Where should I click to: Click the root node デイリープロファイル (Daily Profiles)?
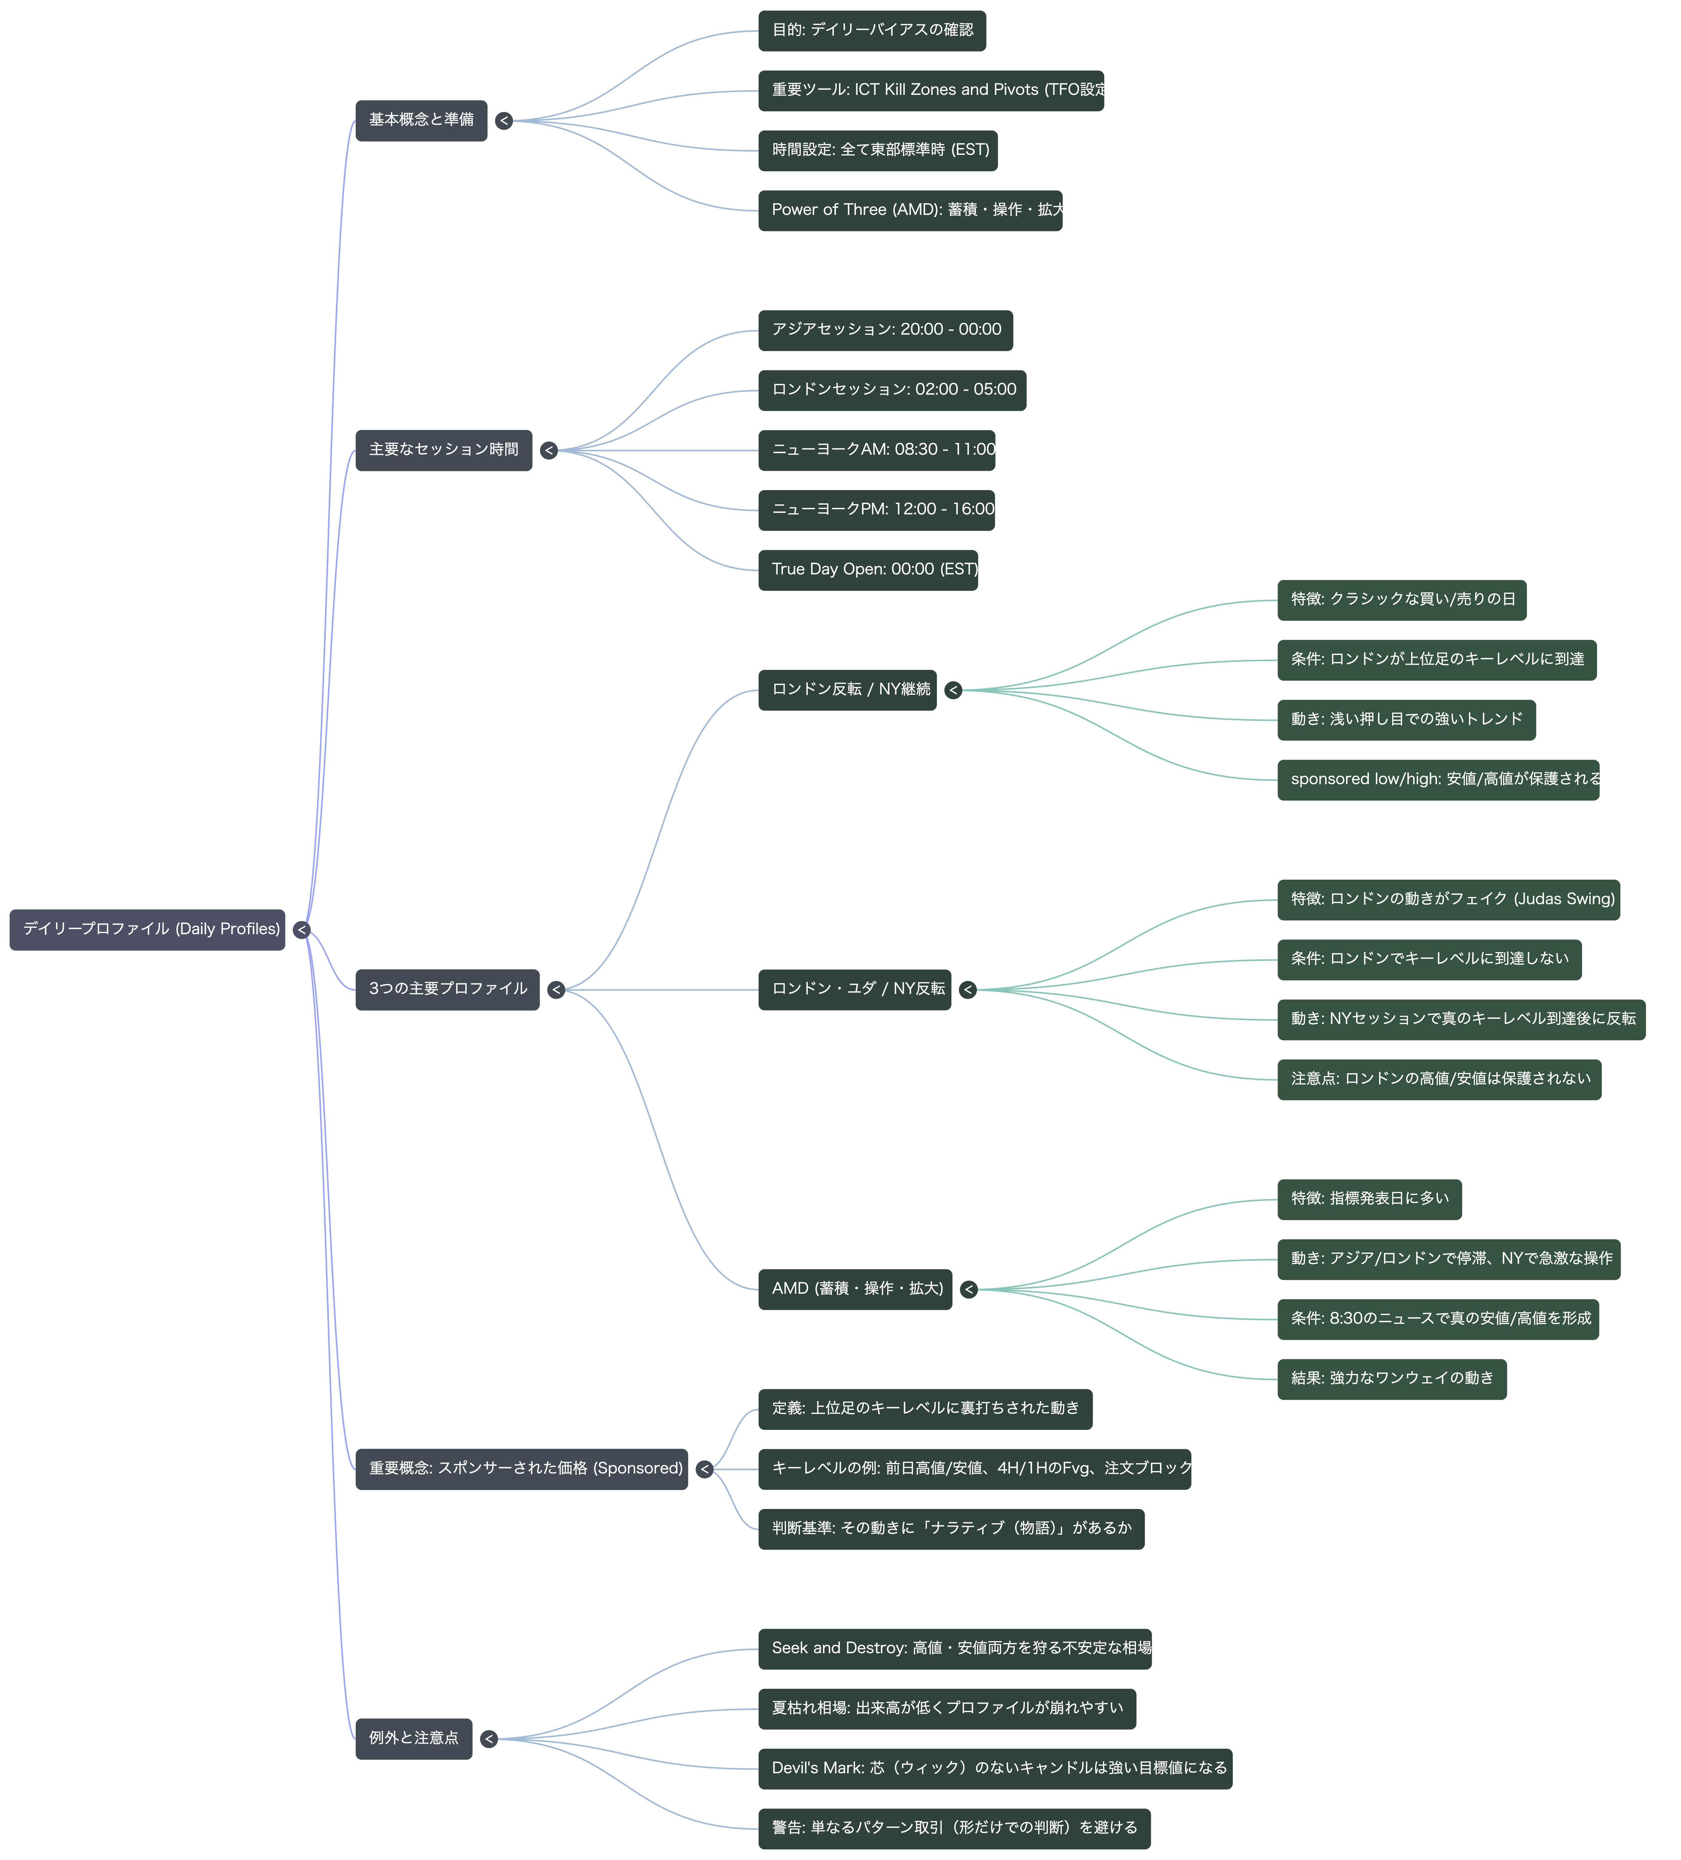(148, 929)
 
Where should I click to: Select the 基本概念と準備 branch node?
(422, 120)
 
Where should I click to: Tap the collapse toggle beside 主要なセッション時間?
(549, 450)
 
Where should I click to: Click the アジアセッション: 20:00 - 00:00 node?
(886, 330)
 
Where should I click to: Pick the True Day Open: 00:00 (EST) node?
(868, 570)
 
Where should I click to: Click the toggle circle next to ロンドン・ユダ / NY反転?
(968, 990)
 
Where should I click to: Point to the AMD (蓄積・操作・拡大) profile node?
(855, 1289)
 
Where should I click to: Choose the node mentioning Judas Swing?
(1449, 900)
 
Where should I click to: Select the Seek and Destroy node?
(955, 1649)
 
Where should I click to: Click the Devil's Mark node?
(995, 1769)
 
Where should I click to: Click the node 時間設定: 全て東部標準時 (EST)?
(878, 150)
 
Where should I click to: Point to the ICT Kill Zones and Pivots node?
(931, 90)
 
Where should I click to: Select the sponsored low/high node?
(1438, 780)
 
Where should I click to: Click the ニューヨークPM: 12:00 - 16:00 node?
(877, 510)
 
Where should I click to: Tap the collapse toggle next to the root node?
(302, 930)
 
